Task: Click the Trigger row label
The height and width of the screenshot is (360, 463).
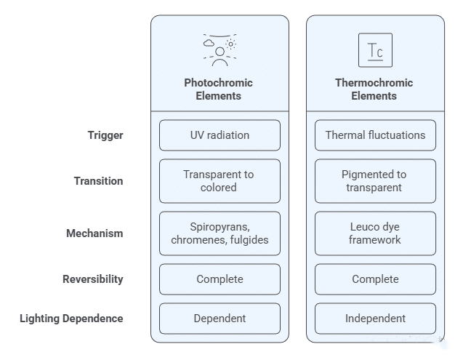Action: pyautogui.click(x=105, y=135)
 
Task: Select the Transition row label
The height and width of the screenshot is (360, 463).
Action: pyautogui.click(x=98, y=181)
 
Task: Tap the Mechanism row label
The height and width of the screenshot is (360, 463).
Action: pyautogui.click(x=94, y=233)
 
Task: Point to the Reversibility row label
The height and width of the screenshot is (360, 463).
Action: pyautogui.click(x=93, y=279)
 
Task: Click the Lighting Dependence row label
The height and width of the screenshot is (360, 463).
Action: pyautogui.click(x=71, y=319)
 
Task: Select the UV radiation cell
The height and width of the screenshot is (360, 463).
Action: pyautogui.click(x=220, y=135)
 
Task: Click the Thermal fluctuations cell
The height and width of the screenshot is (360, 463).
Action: pyautogui.click(x=375, y=135)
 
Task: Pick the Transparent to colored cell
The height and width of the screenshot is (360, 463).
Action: pyautogui.click(x=220, y=181)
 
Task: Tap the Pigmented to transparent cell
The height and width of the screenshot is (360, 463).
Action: pyautogui.click(x=375, y=181)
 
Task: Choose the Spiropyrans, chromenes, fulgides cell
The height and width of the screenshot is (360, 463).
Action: pyautogui.click(x=220, y=233)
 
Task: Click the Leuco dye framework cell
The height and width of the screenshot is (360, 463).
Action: pyautogui.click(x=375, y=233)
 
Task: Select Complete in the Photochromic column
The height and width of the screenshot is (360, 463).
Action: pyautogui.click(x=220, y=279)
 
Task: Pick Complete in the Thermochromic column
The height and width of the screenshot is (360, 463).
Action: pyautogui.click(x=375, y=279)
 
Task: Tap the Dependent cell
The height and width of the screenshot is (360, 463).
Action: pyautogui.click(x=220, y=319)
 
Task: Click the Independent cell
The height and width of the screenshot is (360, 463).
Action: pyautogui.click(x=375, y=319)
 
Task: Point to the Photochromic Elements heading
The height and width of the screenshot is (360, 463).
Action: pyautogui.click(x=219, y=89)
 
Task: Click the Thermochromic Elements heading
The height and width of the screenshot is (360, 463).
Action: pyautogui.click(x=374, y=89)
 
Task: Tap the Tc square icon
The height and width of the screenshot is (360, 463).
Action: pyautogui.click(x=375, y=50)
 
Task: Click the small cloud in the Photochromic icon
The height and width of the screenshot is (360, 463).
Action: pyautogui.click(x=209, y=43)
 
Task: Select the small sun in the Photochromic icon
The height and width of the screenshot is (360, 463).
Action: pyautogui.click(x=230, y=44)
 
